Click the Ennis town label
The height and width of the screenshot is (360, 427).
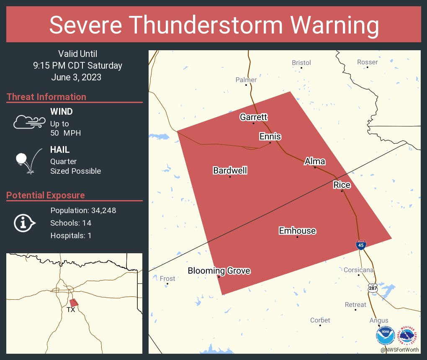(270, 137)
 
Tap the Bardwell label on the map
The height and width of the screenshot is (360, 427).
(230, 170)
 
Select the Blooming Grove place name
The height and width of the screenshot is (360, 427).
(219, 271)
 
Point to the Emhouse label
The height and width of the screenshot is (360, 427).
(297, 231)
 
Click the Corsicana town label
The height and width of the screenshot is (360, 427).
(358, 270)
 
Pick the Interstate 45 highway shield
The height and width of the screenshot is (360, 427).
(361, 245)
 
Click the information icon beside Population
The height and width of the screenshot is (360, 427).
(25, 223)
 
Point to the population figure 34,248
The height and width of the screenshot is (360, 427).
(101, 211)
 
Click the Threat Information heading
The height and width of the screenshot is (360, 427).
(46, 97)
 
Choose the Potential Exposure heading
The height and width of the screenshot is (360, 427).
(46, 195)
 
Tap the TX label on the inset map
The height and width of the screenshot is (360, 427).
(71, 310)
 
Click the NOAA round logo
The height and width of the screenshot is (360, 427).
(385, 336)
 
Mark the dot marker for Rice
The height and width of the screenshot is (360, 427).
(342, 191)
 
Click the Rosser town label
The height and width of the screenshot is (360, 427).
(367, 62)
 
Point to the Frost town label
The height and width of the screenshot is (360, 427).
(167, 278)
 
